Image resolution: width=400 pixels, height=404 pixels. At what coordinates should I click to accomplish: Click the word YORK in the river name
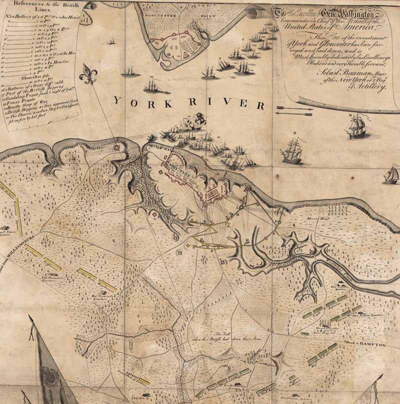pos(135,101)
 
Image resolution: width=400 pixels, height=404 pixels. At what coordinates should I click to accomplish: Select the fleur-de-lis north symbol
pos(90,74)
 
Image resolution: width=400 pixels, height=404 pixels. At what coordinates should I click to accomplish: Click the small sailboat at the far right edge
pos(391,174)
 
